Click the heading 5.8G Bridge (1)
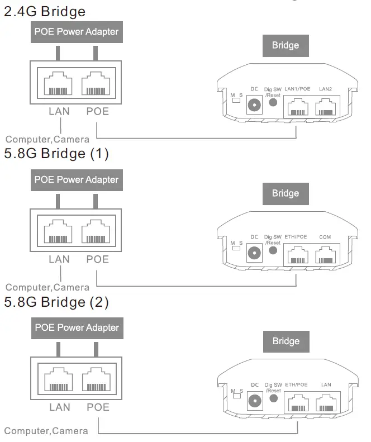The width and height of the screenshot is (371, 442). click(56, 154)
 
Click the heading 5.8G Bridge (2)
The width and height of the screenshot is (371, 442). click(56, 302)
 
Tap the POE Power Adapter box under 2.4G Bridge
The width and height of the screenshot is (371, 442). click(77, 32)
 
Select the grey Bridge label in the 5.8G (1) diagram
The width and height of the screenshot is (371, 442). click(286, 193)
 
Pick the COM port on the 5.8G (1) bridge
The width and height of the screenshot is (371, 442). click(326, 255)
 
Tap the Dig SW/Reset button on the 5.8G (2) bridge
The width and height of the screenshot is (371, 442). click(273, 398)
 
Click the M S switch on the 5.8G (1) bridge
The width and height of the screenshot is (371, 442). click(237, 248)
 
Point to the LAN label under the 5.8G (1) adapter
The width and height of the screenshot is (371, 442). click(59, 260)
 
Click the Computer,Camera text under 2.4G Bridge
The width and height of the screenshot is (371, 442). click(47, 139)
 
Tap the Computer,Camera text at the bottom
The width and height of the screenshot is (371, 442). click(46, 431)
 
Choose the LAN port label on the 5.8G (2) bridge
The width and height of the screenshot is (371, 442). click(327, 385)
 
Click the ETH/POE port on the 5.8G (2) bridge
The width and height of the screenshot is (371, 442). click(297, 402)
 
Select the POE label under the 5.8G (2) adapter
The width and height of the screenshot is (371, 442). click(98, 408)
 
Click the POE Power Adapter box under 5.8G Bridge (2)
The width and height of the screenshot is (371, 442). click(77, 327)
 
